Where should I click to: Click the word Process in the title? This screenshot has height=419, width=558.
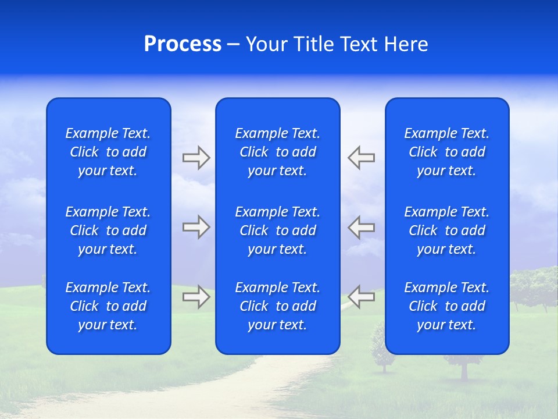(183, 45)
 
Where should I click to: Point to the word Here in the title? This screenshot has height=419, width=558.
(406, 45)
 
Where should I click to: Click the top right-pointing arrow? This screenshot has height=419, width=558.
(196, 158)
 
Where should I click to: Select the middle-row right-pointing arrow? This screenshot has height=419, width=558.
(196, 227)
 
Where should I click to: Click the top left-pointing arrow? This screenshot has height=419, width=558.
(362, 158)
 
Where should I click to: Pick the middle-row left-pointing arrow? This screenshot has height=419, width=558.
(362, 227)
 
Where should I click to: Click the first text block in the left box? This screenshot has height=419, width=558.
(108, 152)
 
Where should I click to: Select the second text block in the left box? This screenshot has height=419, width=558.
(108, 230)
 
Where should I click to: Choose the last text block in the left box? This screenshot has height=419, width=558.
(108, 306)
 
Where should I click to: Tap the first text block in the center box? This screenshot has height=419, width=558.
(277, 152)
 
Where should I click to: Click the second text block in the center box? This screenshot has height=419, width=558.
(277, 230)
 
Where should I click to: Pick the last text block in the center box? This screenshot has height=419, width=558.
(277, 306)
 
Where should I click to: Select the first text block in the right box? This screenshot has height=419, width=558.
(446, 152)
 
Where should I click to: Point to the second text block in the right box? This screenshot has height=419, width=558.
(446, 230)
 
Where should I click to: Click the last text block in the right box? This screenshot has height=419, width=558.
(446, 306)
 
